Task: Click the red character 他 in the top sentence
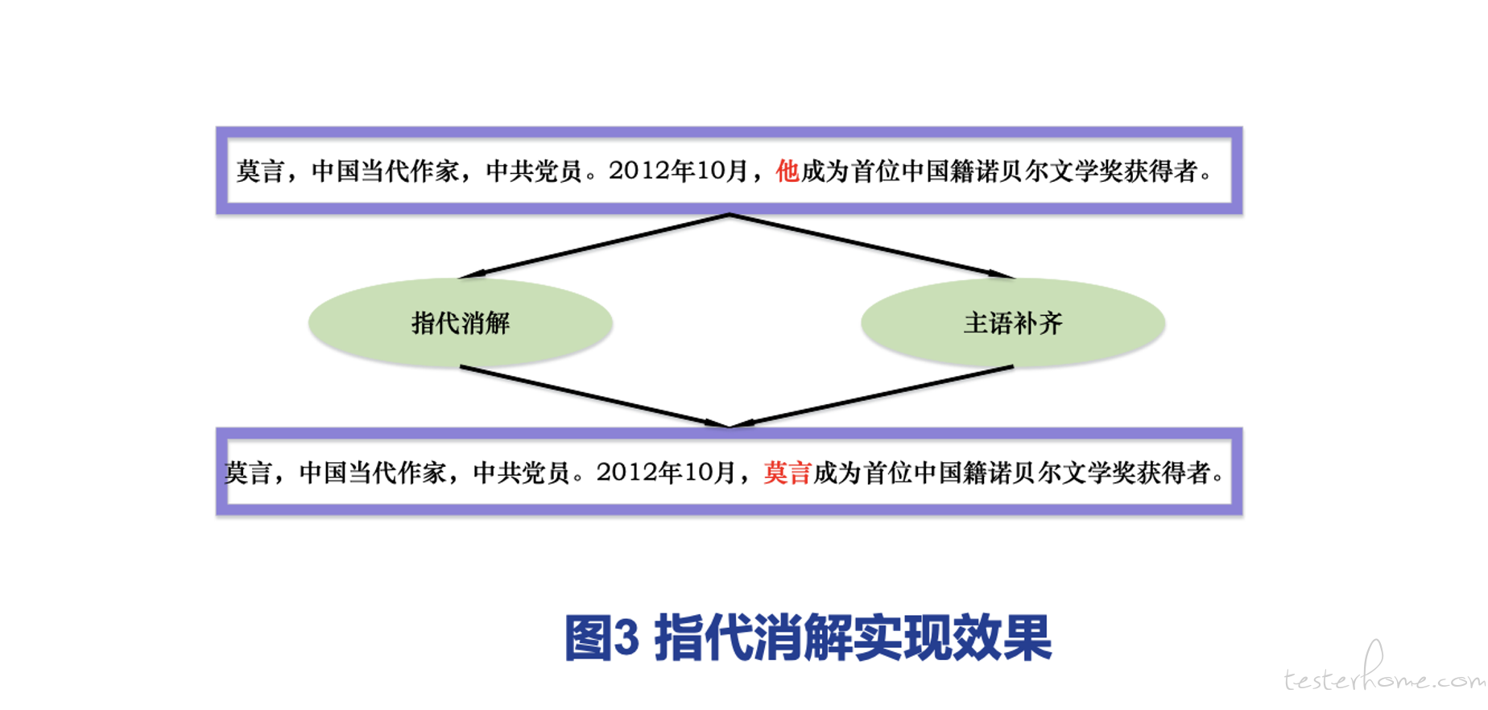point(787,171)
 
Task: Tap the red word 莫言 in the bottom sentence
point(787,473)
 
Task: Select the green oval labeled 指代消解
point(461,323)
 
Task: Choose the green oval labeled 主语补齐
point(1013,323)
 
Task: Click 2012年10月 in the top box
point(678,171)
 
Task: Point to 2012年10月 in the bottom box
point(666,473)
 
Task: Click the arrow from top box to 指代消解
point(595,246)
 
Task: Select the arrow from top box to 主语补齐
point(871,246)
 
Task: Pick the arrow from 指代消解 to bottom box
point(594,396)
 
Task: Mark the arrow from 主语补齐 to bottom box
point(871,396)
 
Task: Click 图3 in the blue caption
point(601,638)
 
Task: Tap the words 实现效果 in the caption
point(953,638)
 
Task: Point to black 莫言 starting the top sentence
point(261,171)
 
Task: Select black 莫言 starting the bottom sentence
point(249,473)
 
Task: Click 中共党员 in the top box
point(535,171)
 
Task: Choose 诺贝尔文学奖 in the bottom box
point(1062,473)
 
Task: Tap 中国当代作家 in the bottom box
point(373,473)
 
